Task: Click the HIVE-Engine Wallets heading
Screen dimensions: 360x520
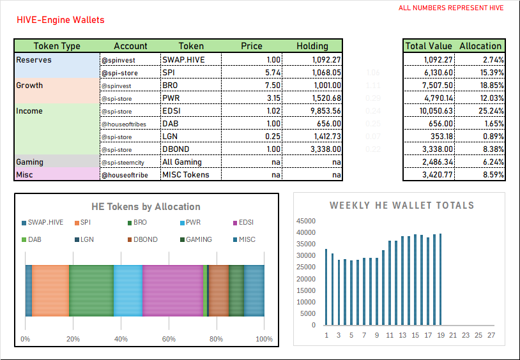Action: (61, 20)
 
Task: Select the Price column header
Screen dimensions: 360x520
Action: (251, 46)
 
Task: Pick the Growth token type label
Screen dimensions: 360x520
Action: (29, 85)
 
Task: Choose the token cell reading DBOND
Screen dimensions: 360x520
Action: (177, 149)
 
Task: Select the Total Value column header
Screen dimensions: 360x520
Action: (429, 46)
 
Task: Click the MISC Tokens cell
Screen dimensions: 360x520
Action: (186, 174)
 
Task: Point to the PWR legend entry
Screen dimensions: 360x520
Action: (189, 222)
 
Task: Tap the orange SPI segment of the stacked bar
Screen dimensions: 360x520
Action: (50, 290)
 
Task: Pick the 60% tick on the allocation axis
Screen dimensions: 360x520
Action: (169, 339)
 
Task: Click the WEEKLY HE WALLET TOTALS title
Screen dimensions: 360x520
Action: (401, 206)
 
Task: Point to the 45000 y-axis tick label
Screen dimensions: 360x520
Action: (305, 221)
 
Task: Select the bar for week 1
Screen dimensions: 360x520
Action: (326, 287)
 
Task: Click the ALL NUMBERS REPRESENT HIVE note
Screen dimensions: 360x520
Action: (451, 8)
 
